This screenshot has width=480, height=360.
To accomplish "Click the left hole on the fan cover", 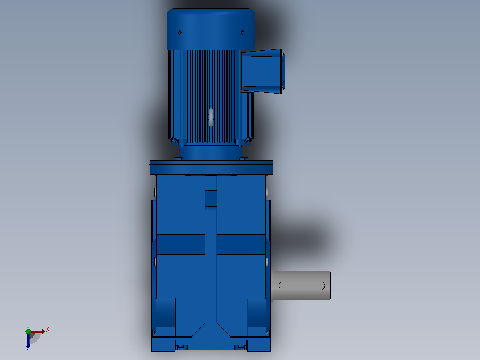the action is click(x=180, y=33).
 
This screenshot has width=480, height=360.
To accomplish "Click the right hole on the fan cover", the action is click(x=242, y=33).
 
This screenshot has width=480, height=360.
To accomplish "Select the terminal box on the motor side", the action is click(x=263, y=71).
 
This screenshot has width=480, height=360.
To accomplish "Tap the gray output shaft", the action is click(x=301, y=286).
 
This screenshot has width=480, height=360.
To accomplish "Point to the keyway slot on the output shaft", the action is click(x=301, y=286).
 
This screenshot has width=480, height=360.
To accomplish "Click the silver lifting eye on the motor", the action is click(x=211, y=117).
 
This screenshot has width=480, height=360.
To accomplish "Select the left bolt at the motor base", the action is click(x=182, y=143).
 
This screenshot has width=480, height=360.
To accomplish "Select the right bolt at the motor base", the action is click(x=240, y=143).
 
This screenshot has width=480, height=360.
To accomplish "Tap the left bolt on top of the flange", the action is click(x=179, y=159).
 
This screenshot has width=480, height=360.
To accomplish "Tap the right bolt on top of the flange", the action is click(x=244, y=159).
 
